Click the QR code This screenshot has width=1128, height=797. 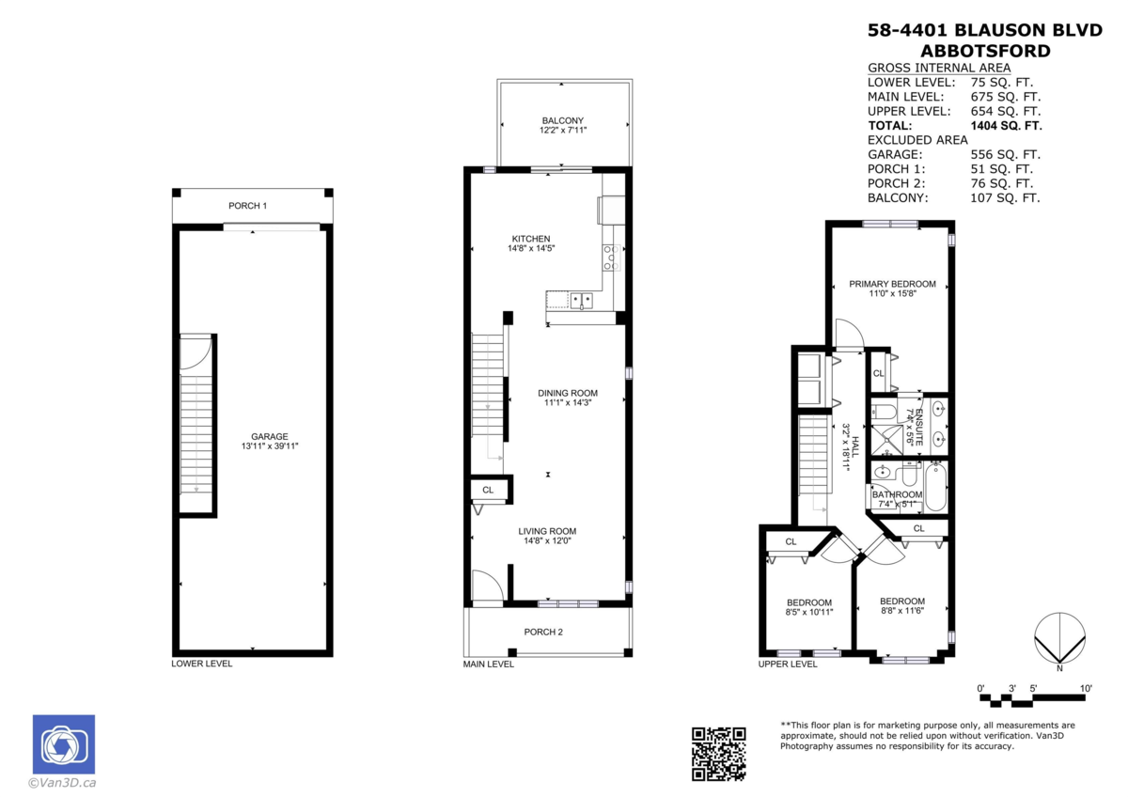pos(718,754)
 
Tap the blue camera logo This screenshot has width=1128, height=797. pos(64,744)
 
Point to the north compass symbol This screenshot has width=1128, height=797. pos(1059,638)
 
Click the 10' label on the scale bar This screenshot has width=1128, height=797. pos(1086,688)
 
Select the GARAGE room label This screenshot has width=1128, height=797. pos(270,436)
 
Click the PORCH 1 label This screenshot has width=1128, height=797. pos(248,206)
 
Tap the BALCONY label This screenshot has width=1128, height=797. pos(562,121)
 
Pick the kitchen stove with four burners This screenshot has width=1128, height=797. pos(611,258)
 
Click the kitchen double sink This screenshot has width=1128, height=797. pos(582,301)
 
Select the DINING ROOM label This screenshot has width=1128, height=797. pos(568,393)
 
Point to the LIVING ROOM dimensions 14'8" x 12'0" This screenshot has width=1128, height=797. pos(547,540)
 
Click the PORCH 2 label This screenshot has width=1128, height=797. pos(543,632)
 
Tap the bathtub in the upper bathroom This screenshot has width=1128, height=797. pos(935,488)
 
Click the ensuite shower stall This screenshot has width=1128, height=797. pos(887,440)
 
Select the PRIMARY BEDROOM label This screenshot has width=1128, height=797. pos(892,284)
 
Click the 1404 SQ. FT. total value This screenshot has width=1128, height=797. pos(1006,125)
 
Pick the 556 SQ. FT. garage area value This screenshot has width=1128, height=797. pos(1005,154)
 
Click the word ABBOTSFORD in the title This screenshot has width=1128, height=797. pos(985,51)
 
